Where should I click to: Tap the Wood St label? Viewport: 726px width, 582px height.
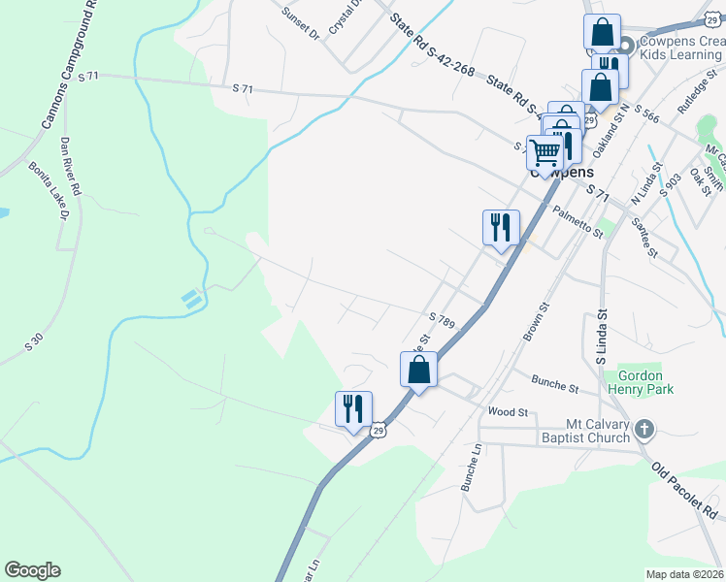pos(508,412)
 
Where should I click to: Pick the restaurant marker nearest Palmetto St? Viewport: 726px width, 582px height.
pos(501,228)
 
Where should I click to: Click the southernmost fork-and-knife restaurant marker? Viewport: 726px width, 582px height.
pos(353,407)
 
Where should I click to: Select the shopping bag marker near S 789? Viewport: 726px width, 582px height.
pos(418,370)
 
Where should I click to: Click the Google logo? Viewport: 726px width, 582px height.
pos(32,570)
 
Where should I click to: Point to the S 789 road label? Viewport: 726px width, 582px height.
pos(442,319)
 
